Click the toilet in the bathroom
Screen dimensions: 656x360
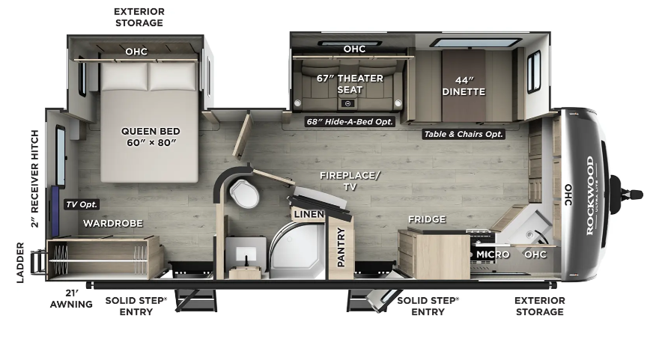pos(243,193)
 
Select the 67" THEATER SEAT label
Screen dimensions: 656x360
pos(350,84)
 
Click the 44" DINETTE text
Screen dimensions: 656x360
pos(464,86)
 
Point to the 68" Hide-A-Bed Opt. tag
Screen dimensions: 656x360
pos(350,122)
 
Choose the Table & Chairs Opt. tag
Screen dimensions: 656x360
pos(463,134)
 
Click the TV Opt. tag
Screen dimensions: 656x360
pos(82,204)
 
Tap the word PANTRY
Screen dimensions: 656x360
pos(341,247)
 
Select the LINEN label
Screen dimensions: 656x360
pos(309,215)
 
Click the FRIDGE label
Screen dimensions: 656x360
pos(427,219)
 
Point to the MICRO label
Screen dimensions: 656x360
pos(493,254)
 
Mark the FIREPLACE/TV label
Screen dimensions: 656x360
pos(350,180)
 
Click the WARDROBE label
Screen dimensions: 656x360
pos(113,223)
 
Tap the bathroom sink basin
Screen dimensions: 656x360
pos(246,254)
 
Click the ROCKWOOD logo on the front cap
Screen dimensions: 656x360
pos(590,195)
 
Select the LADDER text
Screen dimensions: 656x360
pos(20,263)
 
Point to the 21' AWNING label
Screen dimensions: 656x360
pos(71,299)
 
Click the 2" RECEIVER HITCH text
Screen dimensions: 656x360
pos(34,179)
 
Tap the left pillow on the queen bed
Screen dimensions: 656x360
pos(124,76)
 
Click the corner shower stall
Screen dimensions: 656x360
pos(297,251)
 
